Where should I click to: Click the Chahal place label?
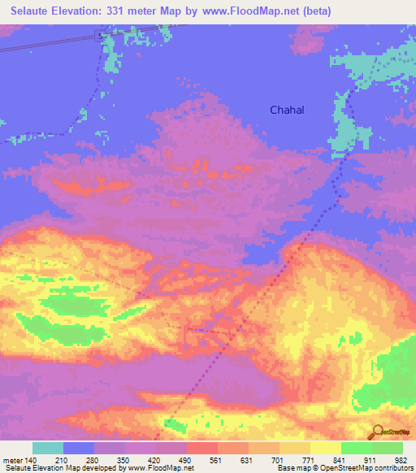(x=287, y=110)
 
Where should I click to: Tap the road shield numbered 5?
(x=99, y=37)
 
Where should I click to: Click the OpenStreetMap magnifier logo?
(x=378, y=432)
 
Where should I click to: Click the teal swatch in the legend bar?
(x=48, y=448)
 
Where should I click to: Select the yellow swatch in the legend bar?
(x=325, y=448)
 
